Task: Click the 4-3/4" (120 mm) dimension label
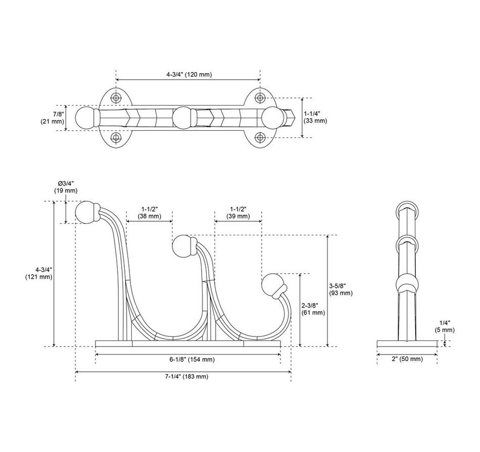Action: [189, 74]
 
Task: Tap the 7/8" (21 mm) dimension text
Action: [53, 118]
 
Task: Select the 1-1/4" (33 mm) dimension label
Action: [315, 117]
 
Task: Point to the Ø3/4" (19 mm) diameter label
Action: [66, 187]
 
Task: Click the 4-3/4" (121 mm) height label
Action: [39, 273]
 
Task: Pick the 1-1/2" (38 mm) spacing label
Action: [150, 213]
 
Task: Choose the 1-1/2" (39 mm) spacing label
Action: [238, 213]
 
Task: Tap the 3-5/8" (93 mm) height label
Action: [341, 289]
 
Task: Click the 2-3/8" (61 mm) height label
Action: [313, 309]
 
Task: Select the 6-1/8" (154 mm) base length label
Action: [192, 359]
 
